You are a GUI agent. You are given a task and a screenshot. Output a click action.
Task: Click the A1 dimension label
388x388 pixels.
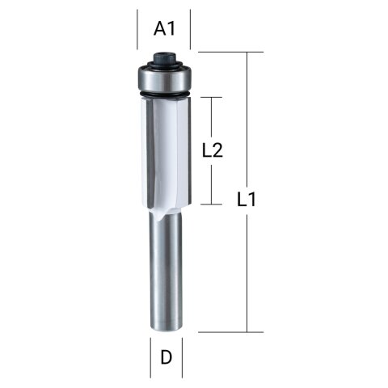pyautogui.click(x=165, y=29)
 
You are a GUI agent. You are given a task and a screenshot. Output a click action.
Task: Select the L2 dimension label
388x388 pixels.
pyautogui.click(x=213, y=150)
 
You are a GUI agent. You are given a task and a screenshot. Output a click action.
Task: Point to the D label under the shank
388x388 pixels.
pyautogui.click(x=165, y=355)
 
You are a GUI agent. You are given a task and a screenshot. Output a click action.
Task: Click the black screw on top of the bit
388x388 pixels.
pyautogui.click(x=165, y=57)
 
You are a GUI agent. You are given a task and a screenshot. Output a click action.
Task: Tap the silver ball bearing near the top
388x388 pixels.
pyautogui.click(x=165, y=78)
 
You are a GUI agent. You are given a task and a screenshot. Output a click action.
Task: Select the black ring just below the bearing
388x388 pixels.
pyautogui.click(x=165, y=95)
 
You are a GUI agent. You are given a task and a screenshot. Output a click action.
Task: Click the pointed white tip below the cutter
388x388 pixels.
pyautogui.click(x=162, y=215)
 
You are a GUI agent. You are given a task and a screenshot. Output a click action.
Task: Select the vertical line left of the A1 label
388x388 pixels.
pyautogui.click(x=138, y=29)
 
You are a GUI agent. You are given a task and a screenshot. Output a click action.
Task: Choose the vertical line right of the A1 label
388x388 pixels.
pyautogui.click(x=192, y=29)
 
